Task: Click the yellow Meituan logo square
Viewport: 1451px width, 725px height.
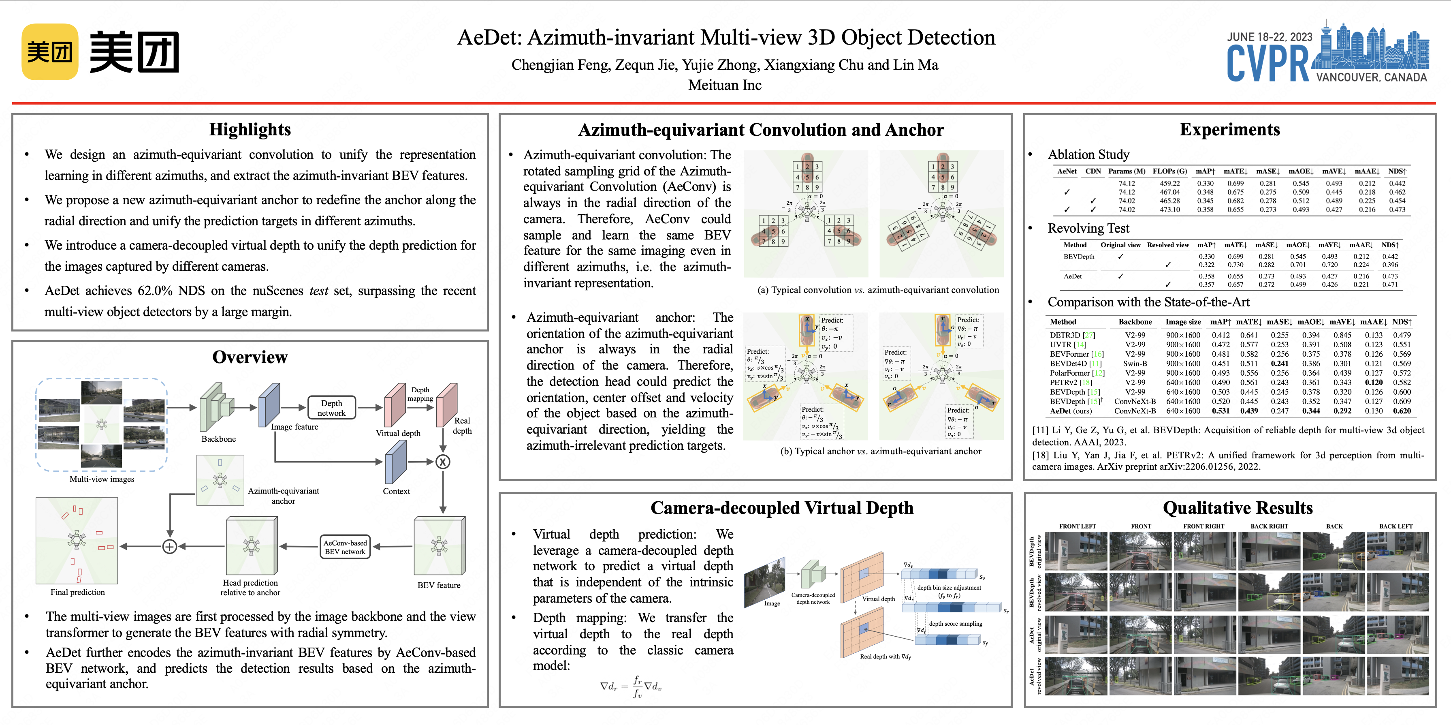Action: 49,52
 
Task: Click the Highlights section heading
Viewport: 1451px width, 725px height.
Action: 250,130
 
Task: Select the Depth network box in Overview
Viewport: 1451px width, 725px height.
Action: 331,408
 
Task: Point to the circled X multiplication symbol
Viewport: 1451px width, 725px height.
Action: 443,462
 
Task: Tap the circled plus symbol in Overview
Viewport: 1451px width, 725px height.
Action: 170,546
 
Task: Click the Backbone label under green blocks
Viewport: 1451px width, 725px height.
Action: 219,439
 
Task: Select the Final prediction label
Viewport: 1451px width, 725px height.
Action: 78,592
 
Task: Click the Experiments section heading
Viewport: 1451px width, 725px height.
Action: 1230,130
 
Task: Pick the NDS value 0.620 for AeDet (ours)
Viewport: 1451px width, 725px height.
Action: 1402,411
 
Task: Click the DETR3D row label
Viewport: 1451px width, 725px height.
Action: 1065,335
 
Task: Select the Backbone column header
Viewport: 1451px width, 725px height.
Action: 1135,322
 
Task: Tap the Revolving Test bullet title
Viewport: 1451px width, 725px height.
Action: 1088,228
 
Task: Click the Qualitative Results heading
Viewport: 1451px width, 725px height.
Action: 1238,508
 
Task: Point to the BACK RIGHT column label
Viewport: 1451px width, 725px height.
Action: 1269,526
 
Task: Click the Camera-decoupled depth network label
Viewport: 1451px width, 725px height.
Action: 813,598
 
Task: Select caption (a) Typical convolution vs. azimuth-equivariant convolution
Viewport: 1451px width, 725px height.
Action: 878,290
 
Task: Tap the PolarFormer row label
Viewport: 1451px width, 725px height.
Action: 1070,373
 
